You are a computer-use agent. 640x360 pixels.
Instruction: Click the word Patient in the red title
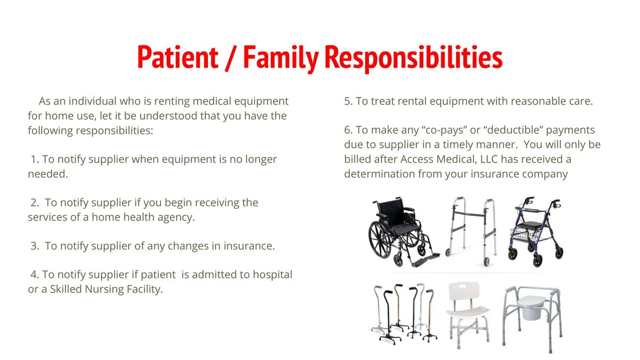click(x=177, y=57)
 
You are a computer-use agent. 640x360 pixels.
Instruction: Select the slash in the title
click(x=230, y=57)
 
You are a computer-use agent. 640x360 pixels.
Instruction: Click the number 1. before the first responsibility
click(x=35, y=159)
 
